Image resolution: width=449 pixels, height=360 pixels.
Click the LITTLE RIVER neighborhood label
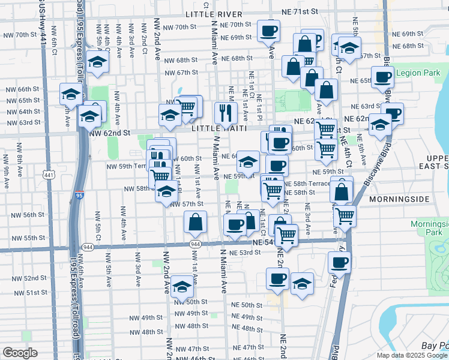[x=214, y=14]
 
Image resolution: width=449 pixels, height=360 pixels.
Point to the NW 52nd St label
[x=32, y=278]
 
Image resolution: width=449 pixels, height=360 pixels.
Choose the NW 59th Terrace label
[x=126, y=166]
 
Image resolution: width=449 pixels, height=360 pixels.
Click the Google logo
[x=20, y=353]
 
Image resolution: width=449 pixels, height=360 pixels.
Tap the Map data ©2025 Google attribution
[x=412, y=355]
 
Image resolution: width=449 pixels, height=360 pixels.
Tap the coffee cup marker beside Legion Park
[x=382, y=77]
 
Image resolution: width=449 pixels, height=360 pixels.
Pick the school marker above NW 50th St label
[x=182, y=286]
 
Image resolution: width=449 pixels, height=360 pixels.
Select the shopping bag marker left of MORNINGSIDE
[x=341, y=191]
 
